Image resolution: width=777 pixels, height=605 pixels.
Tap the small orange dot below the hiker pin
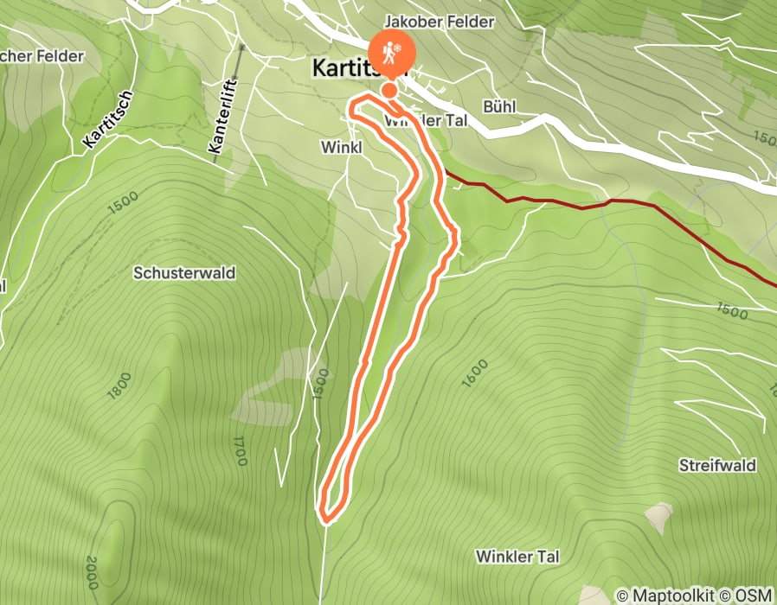tap(389, 89)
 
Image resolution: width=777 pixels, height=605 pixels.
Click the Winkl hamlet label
tap(340, 148)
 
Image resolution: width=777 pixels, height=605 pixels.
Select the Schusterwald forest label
tap(184, 273)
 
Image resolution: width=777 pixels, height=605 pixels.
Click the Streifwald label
tap(717, 466)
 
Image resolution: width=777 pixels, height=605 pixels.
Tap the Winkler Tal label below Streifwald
tap(517, 556)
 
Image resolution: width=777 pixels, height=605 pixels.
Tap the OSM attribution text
tap(753, 595)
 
